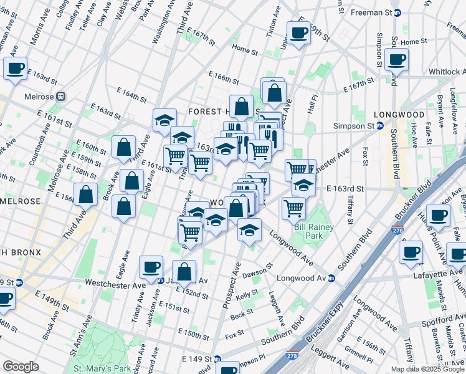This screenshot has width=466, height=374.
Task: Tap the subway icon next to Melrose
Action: point(61,97)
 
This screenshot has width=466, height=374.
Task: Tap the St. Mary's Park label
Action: point(102,368)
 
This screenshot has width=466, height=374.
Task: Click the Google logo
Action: point(21,367)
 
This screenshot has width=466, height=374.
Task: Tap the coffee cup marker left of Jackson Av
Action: point(151,267)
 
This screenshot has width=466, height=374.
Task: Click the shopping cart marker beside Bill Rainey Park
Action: point(293,208)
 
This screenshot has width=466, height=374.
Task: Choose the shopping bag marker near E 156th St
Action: point(86,194)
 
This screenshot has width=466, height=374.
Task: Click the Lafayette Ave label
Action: point(440,274)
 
